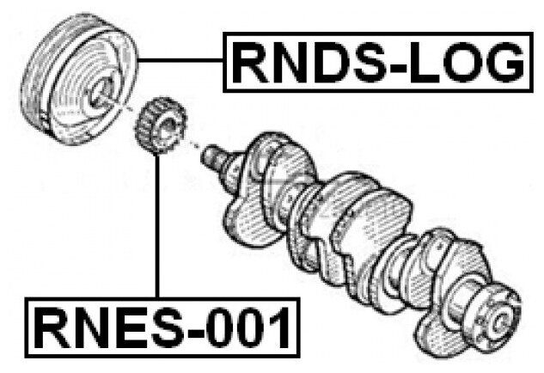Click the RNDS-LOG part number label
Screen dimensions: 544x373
[378, 62]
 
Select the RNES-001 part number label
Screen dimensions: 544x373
[160, 327]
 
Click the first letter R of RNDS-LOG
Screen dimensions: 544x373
[250, 62]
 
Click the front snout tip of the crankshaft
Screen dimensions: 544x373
[210, 156]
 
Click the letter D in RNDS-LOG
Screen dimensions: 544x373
[322, 62]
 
